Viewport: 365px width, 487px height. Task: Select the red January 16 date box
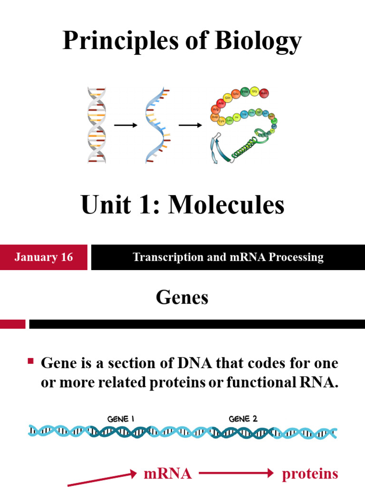[44, 257]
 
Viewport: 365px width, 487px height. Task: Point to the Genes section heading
[182, 298]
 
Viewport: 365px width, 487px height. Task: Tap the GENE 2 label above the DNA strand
[243, 419]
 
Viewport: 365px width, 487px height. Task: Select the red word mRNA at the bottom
[167, 474]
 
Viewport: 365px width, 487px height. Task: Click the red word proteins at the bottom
[310, 474]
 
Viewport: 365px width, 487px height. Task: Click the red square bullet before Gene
[31, 362]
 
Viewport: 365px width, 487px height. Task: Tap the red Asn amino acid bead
[264, 93]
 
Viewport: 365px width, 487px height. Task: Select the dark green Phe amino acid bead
[245, 92]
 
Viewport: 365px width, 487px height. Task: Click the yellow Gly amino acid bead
[255, 91]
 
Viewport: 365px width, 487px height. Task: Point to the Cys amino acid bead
[221, 121]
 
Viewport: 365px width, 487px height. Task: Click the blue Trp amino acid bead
[244, 114]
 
